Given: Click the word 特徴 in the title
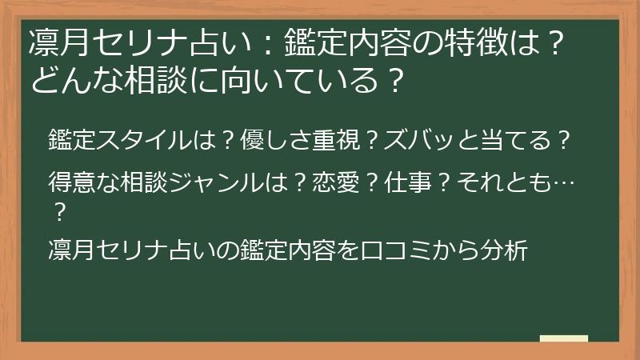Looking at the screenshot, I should [x=479, y=42].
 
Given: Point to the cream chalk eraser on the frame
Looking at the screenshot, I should [x=564, y=338].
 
